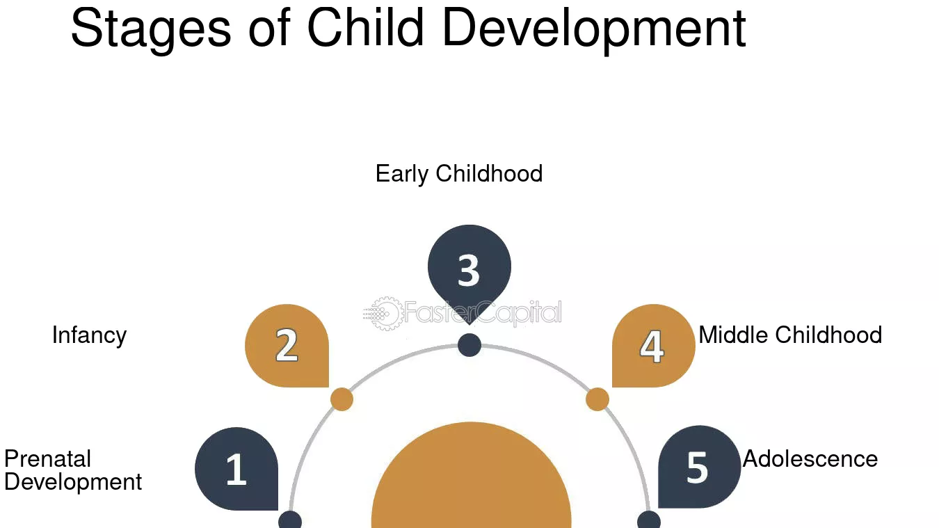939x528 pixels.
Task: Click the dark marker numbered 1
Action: click(x=236, y=469)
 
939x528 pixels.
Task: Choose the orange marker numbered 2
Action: click(x=287, y=346)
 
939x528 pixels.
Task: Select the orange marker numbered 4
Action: click(x=654, y=346)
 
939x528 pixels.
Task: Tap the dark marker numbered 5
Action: click(x=699, y=467)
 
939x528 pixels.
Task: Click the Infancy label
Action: click(x=89, y=335)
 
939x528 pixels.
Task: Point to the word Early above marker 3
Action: click(x=401, y=174)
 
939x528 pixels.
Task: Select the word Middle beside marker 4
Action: click(x=735, y=335)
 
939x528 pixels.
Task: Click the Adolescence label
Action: click(x=810, y=459)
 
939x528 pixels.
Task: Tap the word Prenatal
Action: click(x=48, y=458)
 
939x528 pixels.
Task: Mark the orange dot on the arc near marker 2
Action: click(x=342, y=399)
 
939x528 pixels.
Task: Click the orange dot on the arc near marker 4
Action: click(x=597, y=399)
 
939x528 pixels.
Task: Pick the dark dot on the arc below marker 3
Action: click(x=469, y=345)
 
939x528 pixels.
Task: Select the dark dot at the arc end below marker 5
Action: click(x=649, y=520)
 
